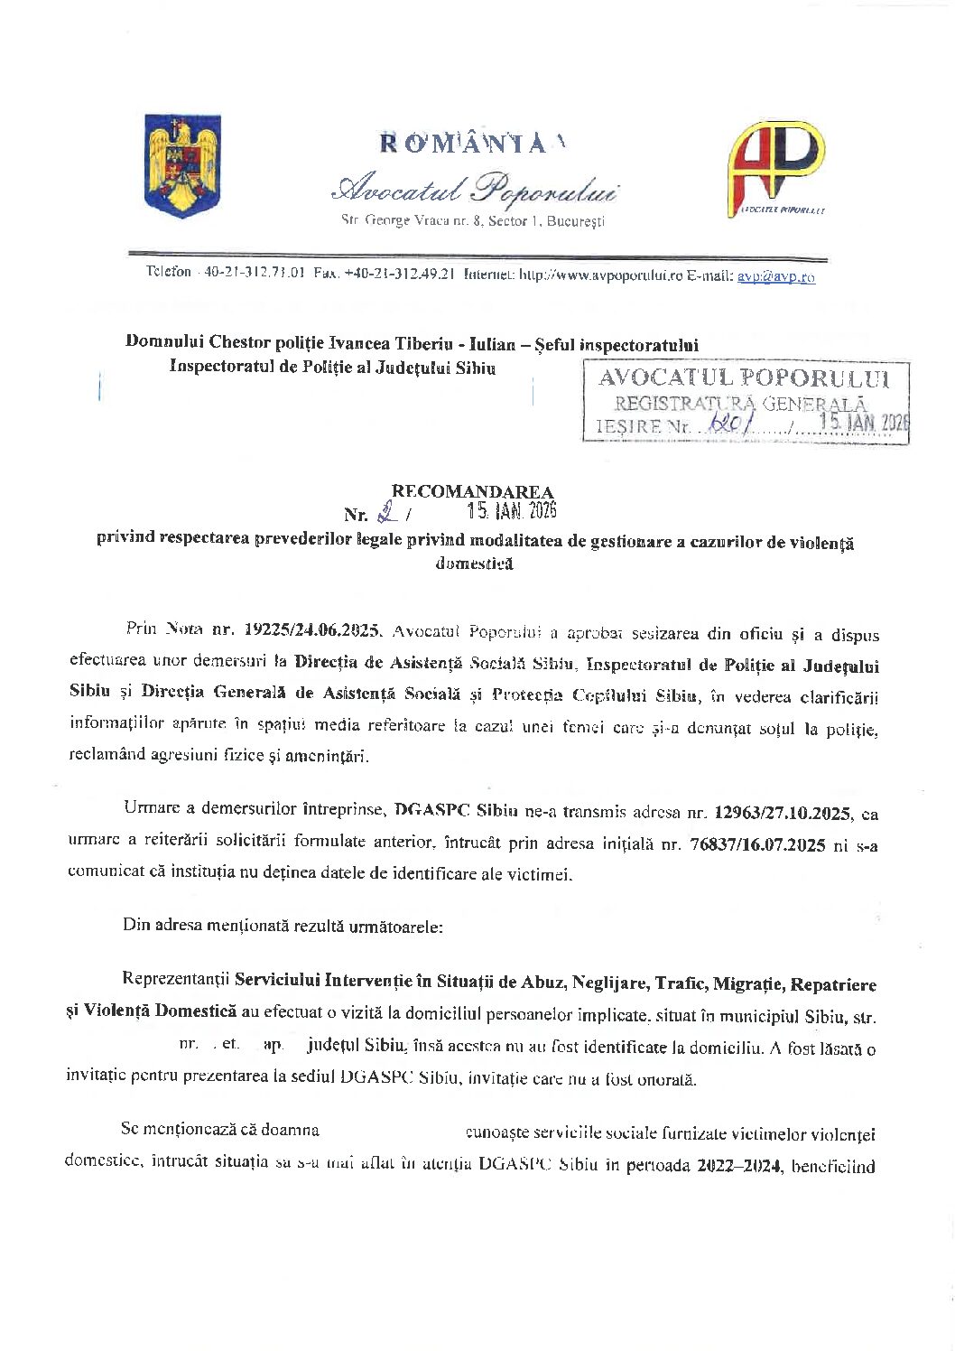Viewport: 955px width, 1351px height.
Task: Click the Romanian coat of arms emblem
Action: [182, 164]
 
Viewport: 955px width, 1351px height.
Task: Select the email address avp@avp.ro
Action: [775, 277]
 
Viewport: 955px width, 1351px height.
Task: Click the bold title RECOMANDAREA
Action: [471, 492]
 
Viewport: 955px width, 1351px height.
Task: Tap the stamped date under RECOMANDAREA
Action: [512, 512]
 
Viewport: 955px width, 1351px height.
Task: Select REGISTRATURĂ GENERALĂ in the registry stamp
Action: [740, 404]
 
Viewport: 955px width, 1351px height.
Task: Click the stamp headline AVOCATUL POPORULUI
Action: [744, 378]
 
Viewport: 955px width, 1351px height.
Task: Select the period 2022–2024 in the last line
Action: [739, 1166]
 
